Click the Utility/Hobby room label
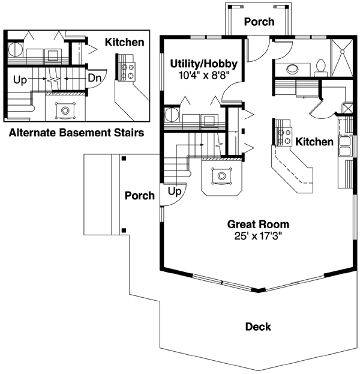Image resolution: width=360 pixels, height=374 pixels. [204, 64]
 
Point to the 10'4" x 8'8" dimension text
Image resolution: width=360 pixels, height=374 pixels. [204, 76]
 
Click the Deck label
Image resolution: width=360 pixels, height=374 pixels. [258, 327]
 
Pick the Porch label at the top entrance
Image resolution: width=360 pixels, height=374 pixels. [259, 22]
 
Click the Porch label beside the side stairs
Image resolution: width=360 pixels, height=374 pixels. [139, 196]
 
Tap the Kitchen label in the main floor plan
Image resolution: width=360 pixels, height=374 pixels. [314, 142]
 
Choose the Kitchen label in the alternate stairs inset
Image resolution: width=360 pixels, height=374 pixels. [124, 43]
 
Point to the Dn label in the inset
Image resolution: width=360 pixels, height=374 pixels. [94, 78]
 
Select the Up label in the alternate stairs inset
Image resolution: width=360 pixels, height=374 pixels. [19, 79]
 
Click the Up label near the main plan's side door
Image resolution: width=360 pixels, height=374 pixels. [175, 192]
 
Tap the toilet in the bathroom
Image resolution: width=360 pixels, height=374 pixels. [320, 66]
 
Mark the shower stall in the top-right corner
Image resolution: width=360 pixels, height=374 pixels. [343, 56]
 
